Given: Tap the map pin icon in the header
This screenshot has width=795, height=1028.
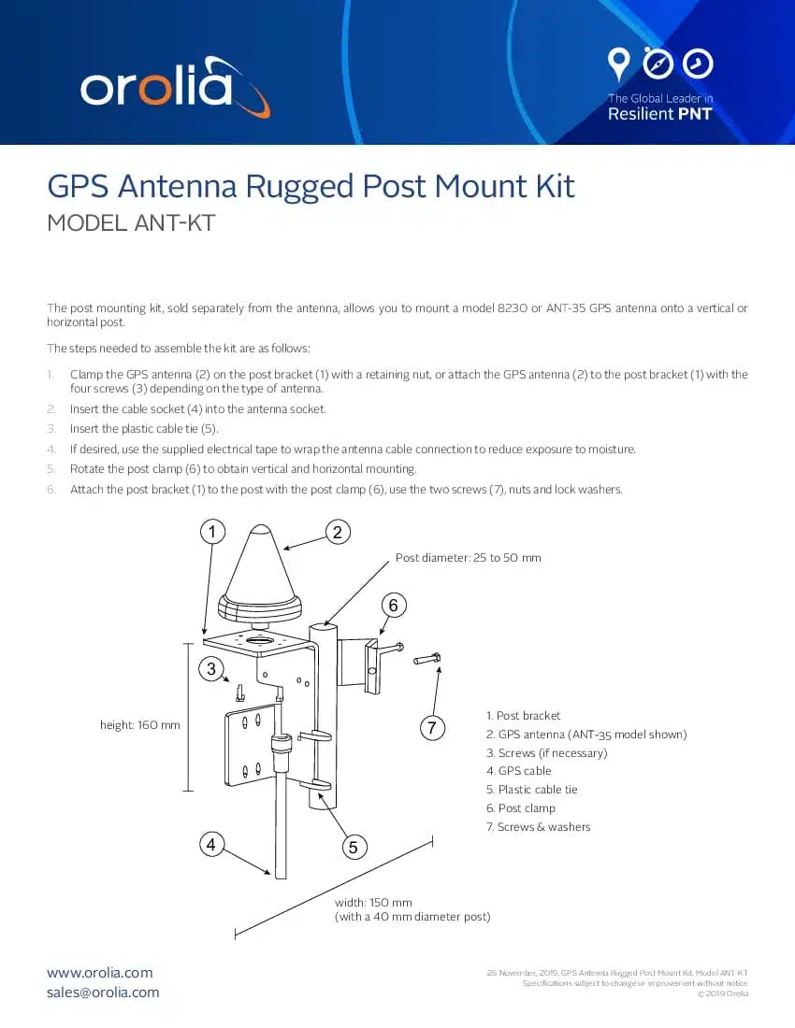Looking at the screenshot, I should coord(618,64).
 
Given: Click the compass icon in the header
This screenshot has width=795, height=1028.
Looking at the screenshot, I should coord(659,64).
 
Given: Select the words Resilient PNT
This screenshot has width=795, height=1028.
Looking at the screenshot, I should coord(659,114).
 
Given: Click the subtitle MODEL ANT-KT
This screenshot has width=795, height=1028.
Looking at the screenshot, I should coord(131,224).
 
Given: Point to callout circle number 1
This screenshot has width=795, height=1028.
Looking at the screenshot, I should coord(213,532).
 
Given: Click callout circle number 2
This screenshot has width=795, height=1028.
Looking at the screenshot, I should coord(337,532).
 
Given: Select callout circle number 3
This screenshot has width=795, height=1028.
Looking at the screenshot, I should coord(212,668).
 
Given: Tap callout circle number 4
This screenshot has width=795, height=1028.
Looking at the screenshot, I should coord(212,844).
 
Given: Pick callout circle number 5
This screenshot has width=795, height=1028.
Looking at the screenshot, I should coord(353,848).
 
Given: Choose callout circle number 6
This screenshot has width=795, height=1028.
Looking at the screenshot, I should coord(393,606).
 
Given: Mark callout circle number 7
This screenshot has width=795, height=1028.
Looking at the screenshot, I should coord(430,729).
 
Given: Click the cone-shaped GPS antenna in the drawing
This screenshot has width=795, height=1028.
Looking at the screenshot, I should coord(261,570).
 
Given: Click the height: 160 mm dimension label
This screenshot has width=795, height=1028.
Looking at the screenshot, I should coord(139,724).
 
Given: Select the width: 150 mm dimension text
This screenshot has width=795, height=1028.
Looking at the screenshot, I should coord(373,903).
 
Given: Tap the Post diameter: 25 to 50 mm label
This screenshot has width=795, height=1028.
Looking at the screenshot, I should coord(468,557).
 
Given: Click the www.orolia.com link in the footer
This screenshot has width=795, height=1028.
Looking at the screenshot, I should coord(100,973).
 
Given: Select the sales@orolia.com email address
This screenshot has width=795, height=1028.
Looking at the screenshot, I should coord(103,992).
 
